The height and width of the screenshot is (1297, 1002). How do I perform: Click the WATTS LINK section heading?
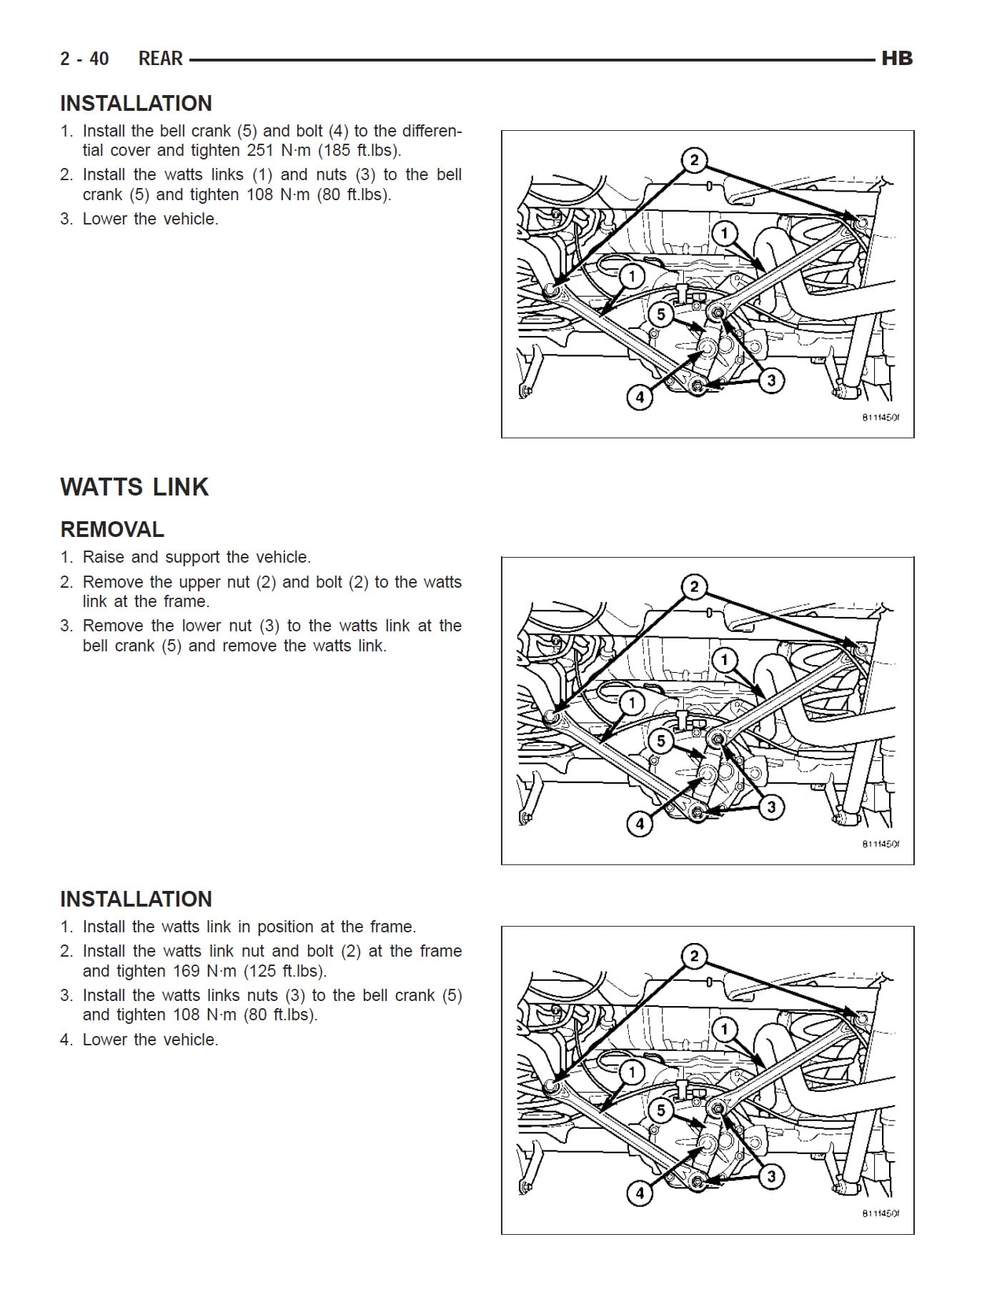(134, 487)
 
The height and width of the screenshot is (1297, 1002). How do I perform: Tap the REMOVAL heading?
(112, 529)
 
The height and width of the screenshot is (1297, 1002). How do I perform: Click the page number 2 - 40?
(84, 59)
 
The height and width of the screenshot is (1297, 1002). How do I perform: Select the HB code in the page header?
(896, 59)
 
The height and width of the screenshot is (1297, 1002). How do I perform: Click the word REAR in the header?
(160, 59)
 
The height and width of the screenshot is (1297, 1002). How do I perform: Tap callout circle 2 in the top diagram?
(694, 159)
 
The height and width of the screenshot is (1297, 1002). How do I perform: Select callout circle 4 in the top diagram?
(640, 397)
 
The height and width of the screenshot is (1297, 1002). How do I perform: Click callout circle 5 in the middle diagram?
(660, 741)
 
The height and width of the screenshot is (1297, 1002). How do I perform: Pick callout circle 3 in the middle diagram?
(770, 807)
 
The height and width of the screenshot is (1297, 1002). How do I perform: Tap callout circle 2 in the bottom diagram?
(694, 956)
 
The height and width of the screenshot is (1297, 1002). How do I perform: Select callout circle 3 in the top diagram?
(770, 380)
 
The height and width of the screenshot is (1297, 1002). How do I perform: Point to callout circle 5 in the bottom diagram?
(660, 1110)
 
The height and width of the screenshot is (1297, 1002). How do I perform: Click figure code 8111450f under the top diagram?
(881, 418)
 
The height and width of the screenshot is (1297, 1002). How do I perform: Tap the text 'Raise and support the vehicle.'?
(197, 557)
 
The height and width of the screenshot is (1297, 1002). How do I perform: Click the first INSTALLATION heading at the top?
(136, 104)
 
